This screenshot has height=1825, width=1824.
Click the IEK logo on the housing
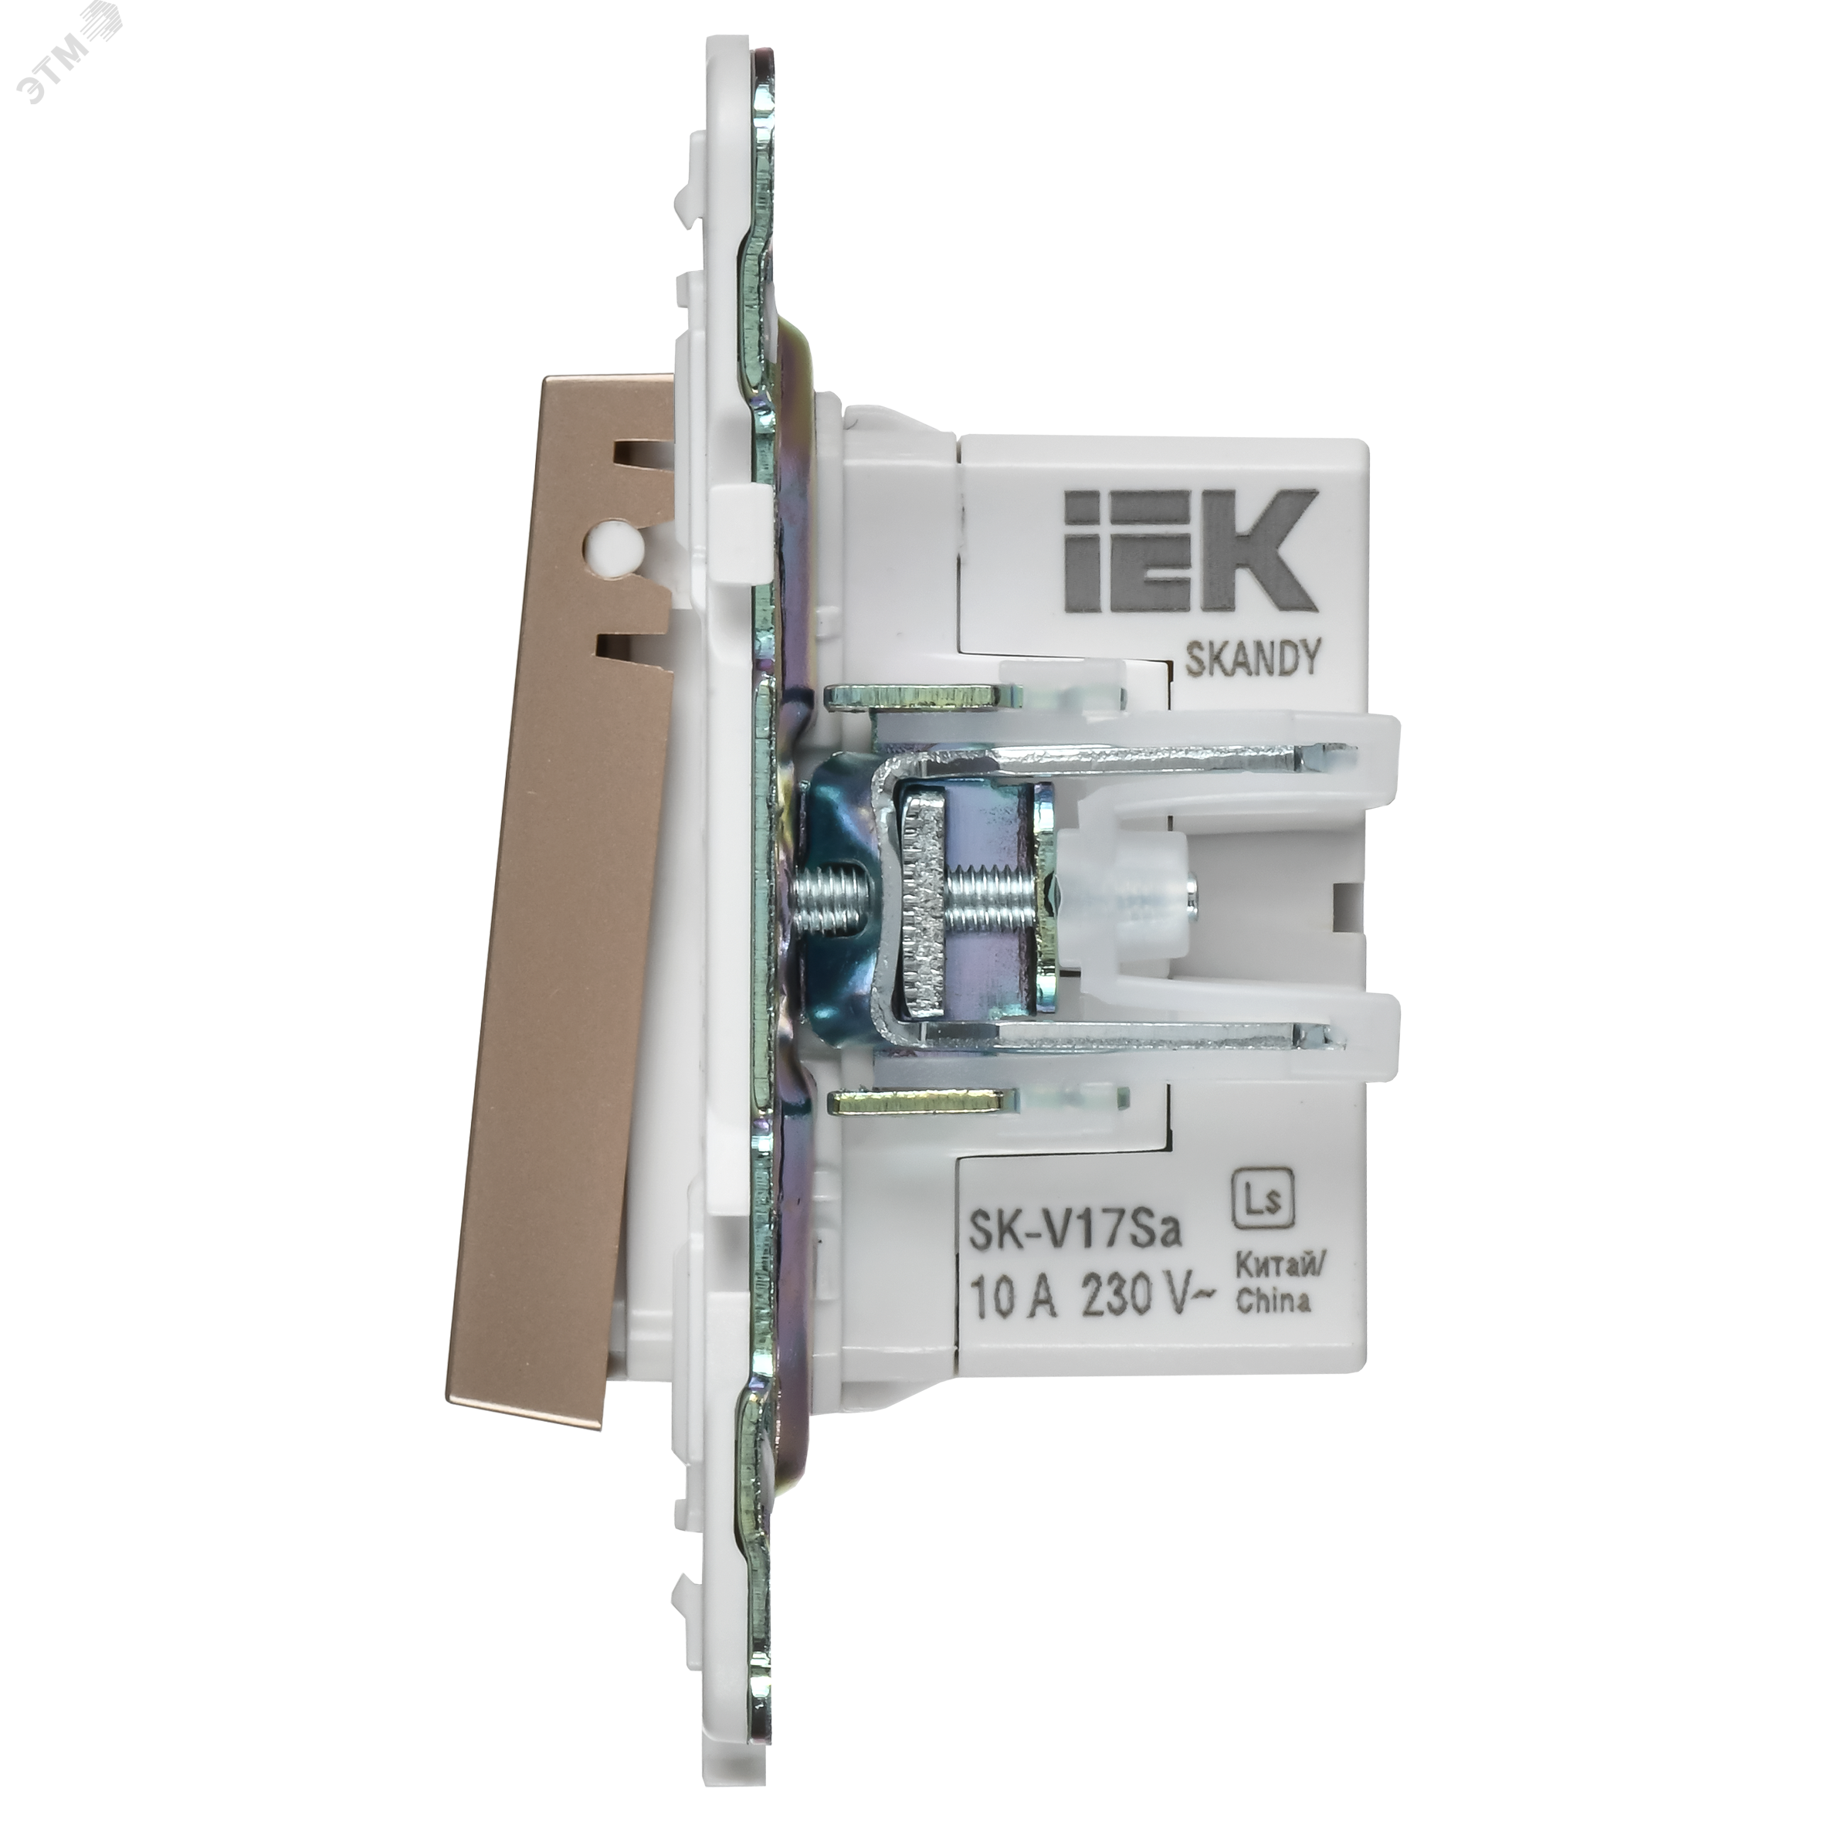1190,551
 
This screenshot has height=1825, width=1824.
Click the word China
1273,1301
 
